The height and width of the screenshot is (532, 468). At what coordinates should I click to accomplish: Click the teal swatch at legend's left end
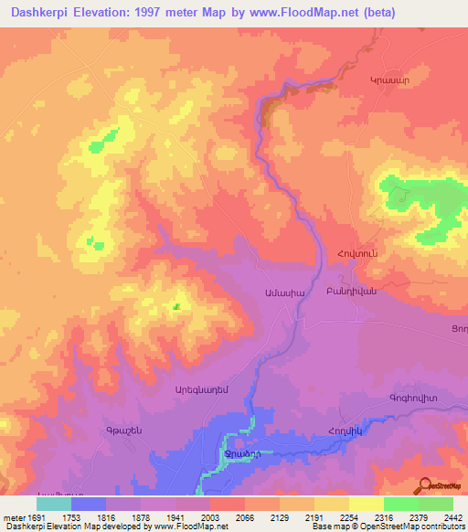pyautogui.click(x=54, y=504)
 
